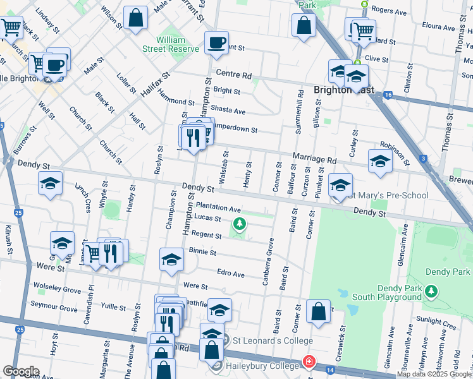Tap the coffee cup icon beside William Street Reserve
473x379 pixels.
tap(216, 42)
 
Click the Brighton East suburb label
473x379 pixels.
tap(342, 90)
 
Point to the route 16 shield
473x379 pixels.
tap(388, 95)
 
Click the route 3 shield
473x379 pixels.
tap(422, 159)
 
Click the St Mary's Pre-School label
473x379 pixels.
tap(390, 195)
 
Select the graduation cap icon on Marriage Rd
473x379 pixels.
tap(380, 161)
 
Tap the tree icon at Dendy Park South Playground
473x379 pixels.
tap(431, 291)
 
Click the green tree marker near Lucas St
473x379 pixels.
tap(240, 224)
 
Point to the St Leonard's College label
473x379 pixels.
tap(264, 342)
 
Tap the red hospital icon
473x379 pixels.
tap(308, 362)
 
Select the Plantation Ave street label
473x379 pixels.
tap(218, 207)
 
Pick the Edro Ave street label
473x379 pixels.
tap(230, 275)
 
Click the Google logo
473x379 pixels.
tap(21, 371)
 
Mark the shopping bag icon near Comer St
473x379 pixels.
tap(318, 311)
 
